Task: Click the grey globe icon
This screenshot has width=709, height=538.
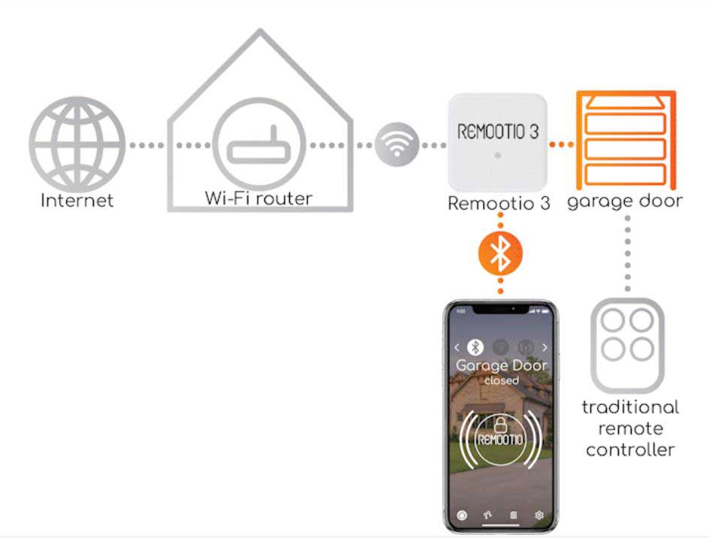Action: [x=77, y=144]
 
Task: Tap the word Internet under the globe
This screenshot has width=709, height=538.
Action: [x=77, y=200]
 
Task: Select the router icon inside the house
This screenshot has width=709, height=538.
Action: [x=259, y=144]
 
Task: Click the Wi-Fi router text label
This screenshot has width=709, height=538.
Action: [x=258, y=198]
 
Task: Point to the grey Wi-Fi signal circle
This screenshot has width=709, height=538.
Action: [x=397, y=144]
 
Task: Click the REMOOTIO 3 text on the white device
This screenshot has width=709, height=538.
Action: [x=498, y=131]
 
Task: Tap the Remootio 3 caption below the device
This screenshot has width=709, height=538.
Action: [x=499, y=203]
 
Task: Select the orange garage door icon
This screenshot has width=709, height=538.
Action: [x=626, y=140]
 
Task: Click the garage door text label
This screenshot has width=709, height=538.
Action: [x=625, y=201]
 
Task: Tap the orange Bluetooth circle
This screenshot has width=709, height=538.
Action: [x=500, y=253]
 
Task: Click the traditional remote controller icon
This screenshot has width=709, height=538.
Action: [x=628, y=345]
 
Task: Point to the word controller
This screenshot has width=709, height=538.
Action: [x=630, y=450]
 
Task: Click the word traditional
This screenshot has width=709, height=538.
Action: [x=630, y=407]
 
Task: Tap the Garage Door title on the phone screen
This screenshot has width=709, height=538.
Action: [x=502, y=366]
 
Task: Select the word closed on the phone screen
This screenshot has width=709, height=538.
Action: [x=502, y=380]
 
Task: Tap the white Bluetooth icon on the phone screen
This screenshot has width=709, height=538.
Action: [x=475, y=347]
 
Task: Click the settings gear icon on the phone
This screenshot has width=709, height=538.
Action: [x=539, y=515]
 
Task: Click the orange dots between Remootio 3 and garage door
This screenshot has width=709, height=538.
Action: [x=561, y=144]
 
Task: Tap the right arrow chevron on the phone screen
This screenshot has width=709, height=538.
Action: [x=545, y=347]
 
